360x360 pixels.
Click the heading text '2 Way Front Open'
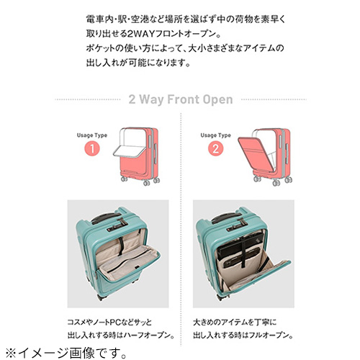[179, 99]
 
